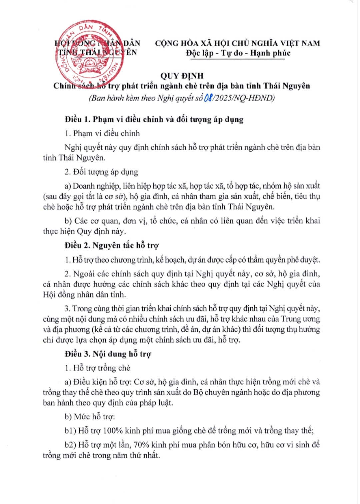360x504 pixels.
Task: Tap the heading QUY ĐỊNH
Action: point(182,76)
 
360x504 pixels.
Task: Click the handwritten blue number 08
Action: point(208,98)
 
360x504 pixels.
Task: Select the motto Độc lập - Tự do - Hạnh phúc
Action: point(238,53)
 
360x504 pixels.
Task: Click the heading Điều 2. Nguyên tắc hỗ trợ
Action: point(112,246)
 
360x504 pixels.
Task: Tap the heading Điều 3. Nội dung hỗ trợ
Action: point(108,354)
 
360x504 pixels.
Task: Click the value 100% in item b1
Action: point(113,431)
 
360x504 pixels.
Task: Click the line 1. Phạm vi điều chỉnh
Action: point(102,133)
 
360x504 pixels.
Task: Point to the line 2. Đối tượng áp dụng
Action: point(101,172)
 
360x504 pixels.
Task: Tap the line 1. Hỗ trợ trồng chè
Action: point(97,368)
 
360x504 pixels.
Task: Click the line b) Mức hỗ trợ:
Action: point(90,417)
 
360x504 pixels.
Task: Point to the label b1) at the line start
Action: point(70,431)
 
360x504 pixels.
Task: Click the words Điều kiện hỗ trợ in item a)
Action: point(102,382)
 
